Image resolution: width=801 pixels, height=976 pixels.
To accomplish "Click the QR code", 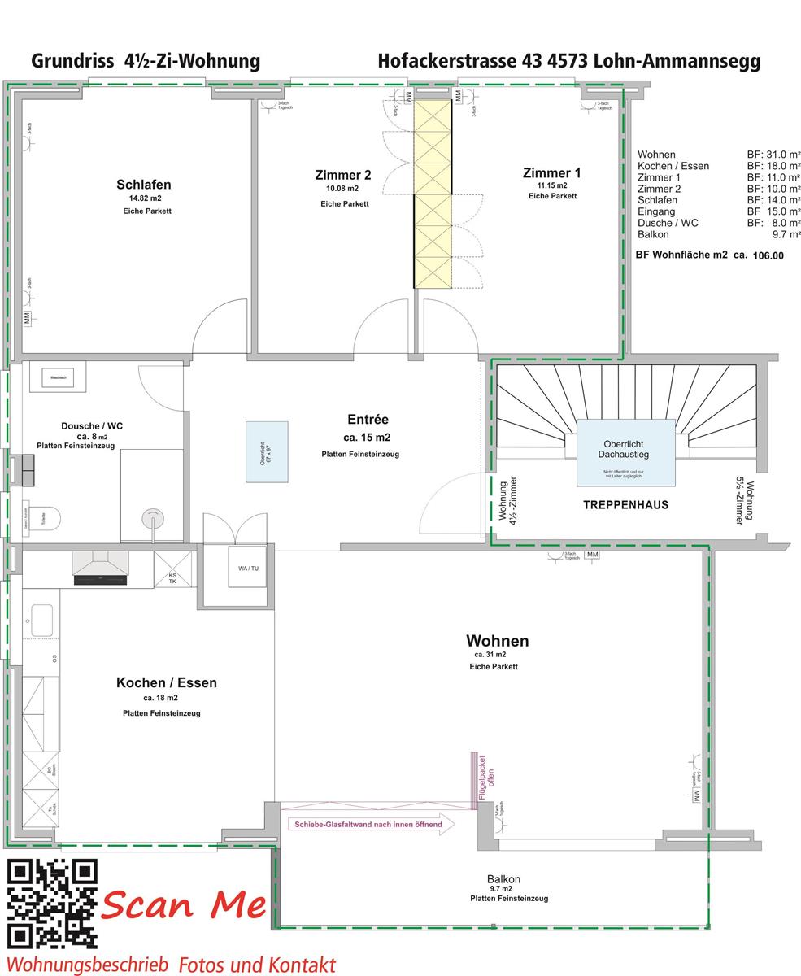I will pos(52,903).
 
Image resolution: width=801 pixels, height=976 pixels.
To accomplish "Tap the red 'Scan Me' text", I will pos(184,904).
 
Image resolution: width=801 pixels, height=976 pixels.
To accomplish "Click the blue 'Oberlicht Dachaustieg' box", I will pos(625,452).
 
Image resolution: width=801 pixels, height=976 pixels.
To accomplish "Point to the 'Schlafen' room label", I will pos(143,185).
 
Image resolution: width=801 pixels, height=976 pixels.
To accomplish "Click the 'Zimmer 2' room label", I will pos(343,176).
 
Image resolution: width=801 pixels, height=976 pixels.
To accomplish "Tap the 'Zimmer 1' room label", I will pos(551,173).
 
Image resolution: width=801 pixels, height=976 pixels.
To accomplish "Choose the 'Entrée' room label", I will pos(368,420).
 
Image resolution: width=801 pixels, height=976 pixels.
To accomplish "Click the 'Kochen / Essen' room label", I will pos(166,683).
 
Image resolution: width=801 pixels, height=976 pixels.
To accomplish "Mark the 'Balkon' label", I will pos(504,879).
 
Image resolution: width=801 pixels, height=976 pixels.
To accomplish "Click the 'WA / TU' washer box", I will pos(248,569).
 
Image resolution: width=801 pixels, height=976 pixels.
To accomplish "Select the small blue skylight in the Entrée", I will pos(267,451).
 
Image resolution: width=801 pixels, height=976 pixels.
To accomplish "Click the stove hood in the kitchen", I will pos(101,567).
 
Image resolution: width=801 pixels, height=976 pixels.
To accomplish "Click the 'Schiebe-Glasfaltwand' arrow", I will pos(371,824).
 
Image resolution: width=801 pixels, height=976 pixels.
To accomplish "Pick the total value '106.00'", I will pos(768,255).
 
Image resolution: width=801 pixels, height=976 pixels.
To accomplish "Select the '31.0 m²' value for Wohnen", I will pos(783,155).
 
